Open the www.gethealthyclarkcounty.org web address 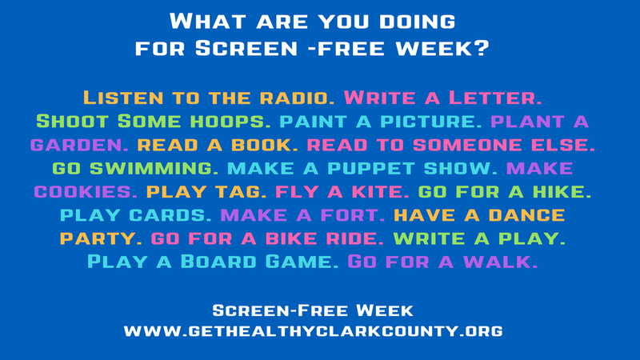[313, 330]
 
